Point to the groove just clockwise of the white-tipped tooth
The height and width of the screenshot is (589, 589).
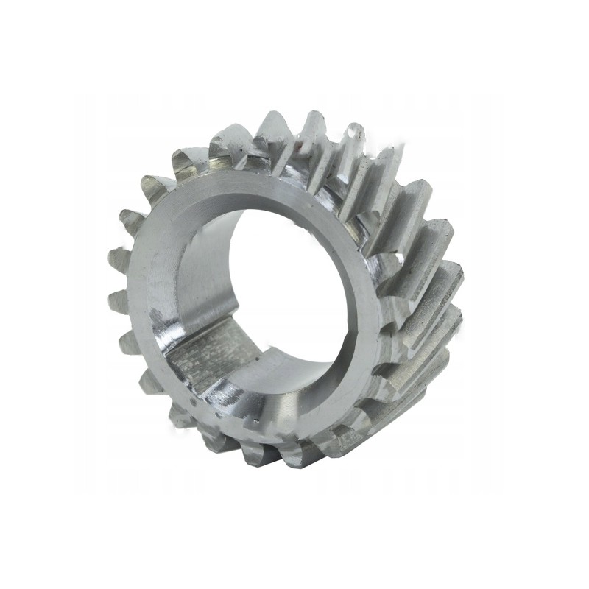[368, 158]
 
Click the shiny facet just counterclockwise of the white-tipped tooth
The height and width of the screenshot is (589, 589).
[335, 147]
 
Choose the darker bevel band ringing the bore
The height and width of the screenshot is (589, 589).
[221, 221]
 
